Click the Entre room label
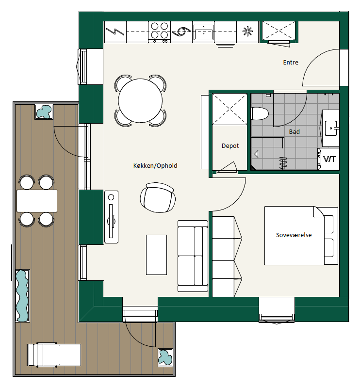coord(290,63)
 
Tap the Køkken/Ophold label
coord(155,165)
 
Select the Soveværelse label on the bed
coord(294,235)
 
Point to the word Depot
coord(230,146)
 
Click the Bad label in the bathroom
coord(295,132)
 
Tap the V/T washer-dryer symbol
coord(328,159)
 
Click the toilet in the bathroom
coord(259,114)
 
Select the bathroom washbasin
coord(331,128)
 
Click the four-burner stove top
coord(159,32)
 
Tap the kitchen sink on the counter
coord(203,32)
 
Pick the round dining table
coord(140,101)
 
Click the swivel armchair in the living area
coord(158,197)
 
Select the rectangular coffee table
coord(156,255)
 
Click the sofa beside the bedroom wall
coord(193,256)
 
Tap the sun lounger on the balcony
coord(54,355)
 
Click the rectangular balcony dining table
coord(37,201)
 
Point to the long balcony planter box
coord(22,296)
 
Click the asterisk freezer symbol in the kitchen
coord(247,32)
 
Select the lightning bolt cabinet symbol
coord(115,32)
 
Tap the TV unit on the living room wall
coord(111,217)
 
